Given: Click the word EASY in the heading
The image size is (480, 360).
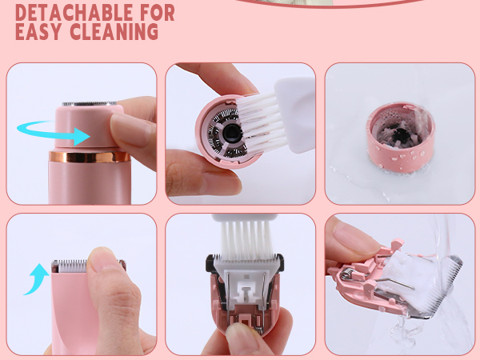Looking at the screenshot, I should (41, 33).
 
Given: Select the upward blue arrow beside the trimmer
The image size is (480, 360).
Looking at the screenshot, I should (34, 280).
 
